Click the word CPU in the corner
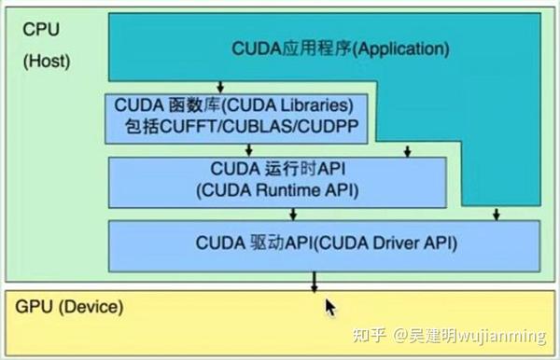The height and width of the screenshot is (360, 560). click(40, 31)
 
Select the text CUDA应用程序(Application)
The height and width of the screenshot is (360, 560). click(340, 47)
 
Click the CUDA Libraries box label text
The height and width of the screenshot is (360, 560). click(232, 105)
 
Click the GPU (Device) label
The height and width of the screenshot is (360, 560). click(68, 307)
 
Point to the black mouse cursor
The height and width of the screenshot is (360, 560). click(330, 308)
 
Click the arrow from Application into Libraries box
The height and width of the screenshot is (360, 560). click(219, 86)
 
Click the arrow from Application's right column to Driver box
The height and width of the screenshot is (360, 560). click(496, 213)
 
